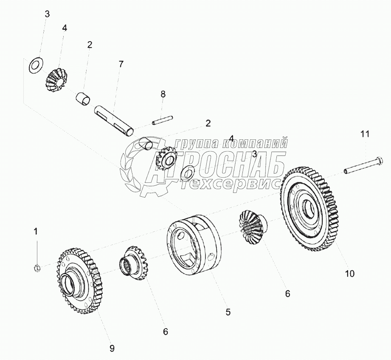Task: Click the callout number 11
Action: click(365, 134)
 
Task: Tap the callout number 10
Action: click(349, 274)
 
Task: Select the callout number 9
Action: click(112, 348)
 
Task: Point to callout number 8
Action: click(163, 94)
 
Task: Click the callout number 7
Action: click(121, 64)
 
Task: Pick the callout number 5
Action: click(228, 312)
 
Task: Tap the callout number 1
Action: click(36, 231)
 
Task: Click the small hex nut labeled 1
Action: click(37, 268)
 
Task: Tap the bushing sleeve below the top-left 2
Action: click(83, 99)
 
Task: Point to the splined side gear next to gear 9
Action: click(133, 263)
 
